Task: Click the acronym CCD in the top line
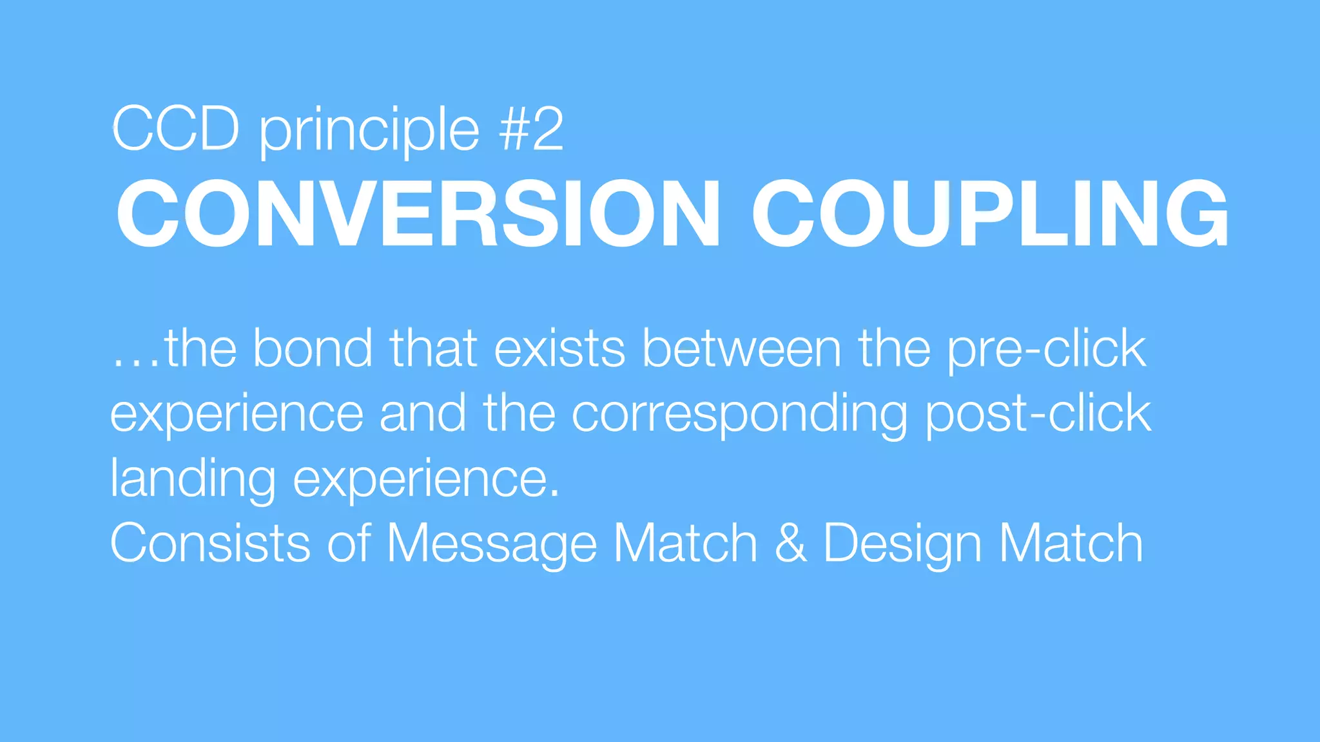point(176,129)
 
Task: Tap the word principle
point(369,131)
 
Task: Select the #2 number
point(531,129)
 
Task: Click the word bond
point(313,348)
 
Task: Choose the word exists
point(559,348)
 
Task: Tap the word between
point(742,348)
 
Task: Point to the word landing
point(193,480)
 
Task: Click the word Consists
point(210,543)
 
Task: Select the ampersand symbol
point(790,543)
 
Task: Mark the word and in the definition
point(422,414)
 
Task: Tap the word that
point(433,348)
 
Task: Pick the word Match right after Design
point(1071,543)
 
